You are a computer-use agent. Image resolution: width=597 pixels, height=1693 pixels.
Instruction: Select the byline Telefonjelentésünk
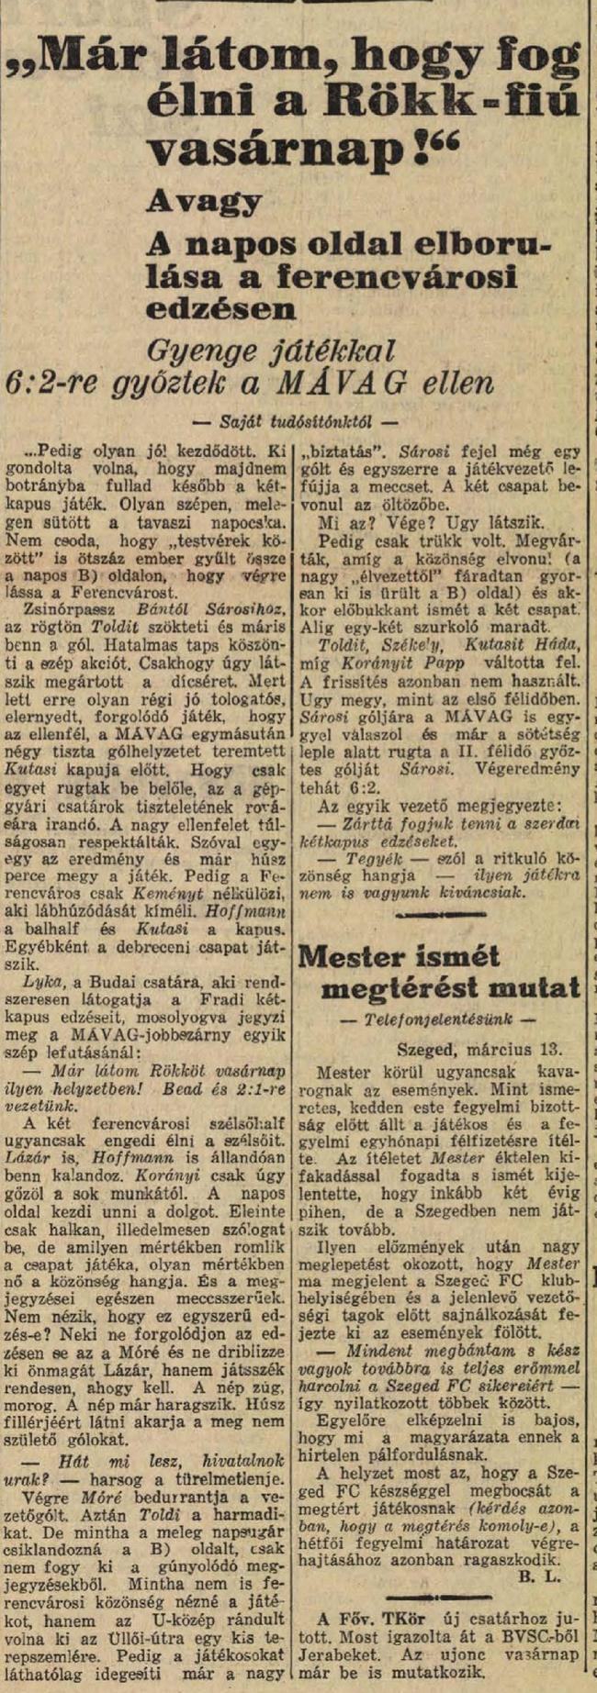coord(438,1019)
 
